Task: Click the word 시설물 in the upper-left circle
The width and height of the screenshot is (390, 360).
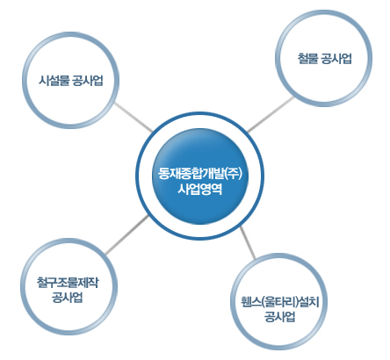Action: pos(54,81)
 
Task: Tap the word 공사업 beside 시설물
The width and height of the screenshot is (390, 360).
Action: pos(88,81)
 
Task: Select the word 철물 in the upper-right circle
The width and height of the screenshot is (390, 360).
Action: pos(308,58)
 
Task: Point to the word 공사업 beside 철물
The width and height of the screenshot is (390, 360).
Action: pos(336,58)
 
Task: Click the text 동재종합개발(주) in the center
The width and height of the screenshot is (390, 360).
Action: pos(200,174)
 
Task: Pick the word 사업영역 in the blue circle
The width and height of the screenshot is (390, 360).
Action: pos(200,189)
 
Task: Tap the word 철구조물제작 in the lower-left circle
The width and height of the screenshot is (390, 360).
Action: pos(68,282)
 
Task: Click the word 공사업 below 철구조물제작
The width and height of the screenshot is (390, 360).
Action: pos(68,298)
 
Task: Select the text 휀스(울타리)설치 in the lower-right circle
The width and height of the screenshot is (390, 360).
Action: pos(280,302)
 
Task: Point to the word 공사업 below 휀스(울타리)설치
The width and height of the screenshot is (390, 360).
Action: pos(280,317)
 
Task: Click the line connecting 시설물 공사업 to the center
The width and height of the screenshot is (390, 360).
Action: pos(134,117)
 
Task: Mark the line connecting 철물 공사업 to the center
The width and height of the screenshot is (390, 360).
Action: pos(271,114)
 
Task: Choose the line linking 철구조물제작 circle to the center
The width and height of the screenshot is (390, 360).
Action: pos(126,235)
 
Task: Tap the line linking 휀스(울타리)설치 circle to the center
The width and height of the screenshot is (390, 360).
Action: pos(248,243)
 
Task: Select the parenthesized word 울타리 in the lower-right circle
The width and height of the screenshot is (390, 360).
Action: pos(281,302)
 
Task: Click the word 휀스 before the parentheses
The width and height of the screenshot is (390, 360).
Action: pos(251,302)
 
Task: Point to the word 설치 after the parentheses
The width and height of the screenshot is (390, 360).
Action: pos(309,302)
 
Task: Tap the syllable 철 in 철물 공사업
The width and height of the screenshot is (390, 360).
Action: pos(303,58)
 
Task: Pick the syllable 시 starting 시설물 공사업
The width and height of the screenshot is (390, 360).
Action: pos(43,81)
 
